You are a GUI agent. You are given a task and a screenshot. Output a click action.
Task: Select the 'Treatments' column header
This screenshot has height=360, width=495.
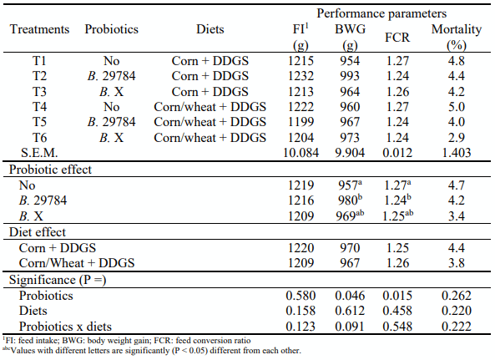coord(39,29)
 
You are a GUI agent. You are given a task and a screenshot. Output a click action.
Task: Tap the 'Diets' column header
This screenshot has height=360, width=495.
coord(199,29)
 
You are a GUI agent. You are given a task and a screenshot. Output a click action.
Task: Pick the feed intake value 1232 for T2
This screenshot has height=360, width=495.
coord(298,76)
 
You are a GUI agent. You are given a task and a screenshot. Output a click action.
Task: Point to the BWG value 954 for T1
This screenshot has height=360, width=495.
coord(348,61)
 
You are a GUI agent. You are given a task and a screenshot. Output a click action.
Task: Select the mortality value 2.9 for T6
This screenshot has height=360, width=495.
coord(455,137)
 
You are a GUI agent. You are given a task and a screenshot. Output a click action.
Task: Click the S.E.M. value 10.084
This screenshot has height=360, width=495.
coord(298,153)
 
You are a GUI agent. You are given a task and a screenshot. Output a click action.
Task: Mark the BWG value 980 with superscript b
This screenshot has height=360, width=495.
coord(350,200)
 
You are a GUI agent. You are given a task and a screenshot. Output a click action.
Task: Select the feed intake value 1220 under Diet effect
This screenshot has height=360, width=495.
coord(298,248)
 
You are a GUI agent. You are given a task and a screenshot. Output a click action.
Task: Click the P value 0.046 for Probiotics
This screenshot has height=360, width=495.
coord(348,296)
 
